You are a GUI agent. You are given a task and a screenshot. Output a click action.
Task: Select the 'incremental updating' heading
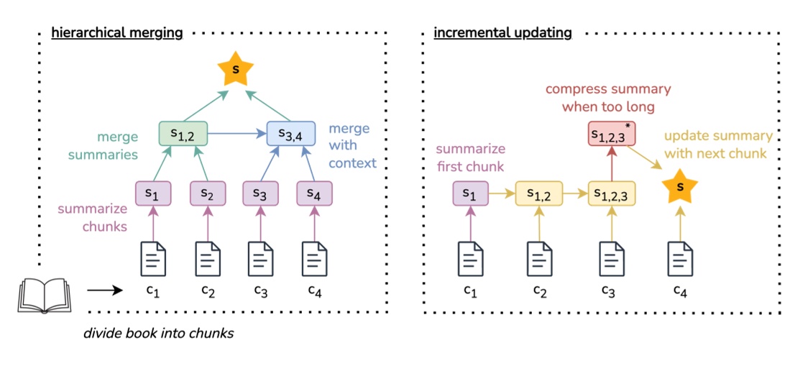(502, 33)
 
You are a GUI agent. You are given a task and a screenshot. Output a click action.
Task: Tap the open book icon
(44, 296)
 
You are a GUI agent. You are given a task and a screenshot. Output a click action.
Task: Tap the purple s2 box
(208, 193)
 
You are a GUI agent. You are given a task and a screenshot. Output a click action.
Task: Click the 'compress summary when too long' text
(607, 98)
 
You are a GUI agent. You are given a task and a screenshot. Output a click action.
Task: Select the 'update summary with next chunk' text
(718, 144)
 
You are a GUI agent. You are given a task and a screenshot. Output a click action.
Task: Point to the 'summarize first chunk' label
(469, 159)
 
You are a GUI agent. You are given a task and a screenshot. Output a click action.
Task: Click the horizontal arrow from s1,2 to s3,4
(237, 133)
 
